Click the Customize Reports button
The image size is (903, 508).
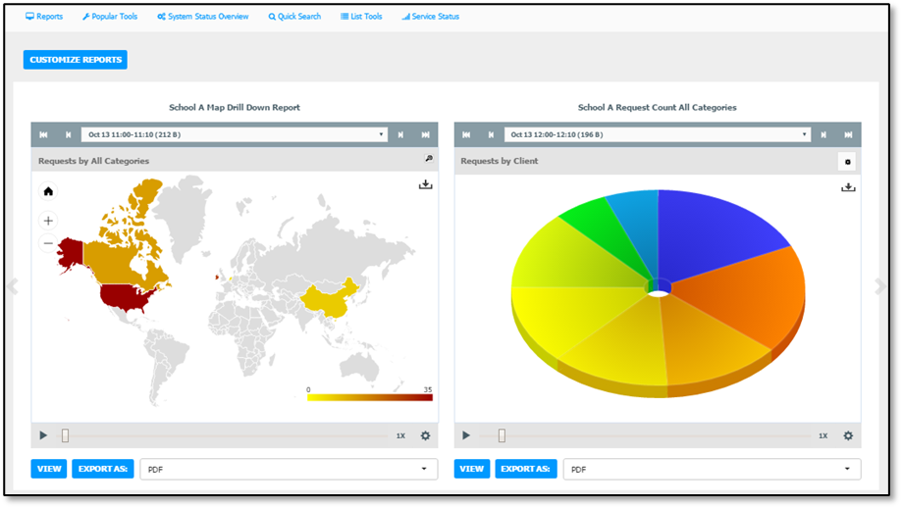(x=76, y=60)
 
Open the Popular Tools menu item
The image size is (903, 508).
(x=110, y=17)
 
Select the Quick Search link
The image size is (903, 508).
(x=294, y=17)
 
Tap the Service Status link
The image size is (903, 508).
(x=431, y=17)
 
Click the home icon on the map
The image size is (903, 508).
(x=48, y=191)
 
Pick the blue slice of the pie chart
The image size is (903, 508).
(x=715, y=230)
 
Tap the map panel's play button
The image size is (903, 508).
(x=43, y=435)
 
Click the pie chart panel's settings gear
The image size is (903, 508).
(x=848, y=436)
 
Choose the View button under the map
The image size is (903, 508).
(x=49, y=469)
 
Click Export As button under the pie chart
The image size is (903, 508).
(x=526, y=469)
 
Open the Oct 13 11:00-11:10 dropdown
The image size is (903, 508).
(x=235, y=134)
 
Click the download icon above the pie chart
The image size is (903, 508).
(x=848, y=187)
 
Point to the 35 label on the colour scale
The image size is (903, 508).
(x=428, y=389)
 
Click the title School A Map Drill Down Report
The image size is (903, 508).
(x=235, y=108)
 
